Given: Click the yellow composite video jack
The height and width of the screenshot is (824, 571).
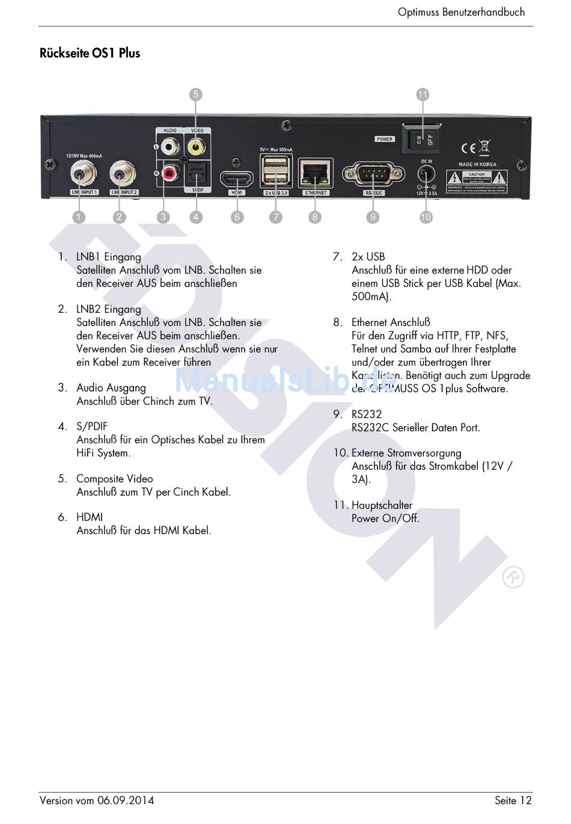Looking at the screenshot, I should pyautogui.click(x=195, y=146).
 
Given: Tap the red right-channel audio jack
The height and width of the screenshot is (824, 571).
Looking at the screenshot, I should pyautogui.click(x=170, y=174).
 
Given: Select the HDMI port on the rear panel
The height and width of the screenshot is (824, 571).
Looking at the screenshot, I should pyautogui.click(x=237, y=179).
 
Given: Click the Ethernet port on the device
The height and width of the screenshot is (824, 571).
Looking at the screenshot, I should pyautogui.click(x=316, y=174).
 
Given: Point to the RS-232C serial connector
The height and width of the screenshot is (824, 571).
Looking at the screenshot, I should pyautogui.click(x=373, y=174).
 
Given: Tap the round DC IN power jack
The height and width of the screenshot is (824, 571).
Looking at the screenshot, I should pyautogui.click(x=426, y=174).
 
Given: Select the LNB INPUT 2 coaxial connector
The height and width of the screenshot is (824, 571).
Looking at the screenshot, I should pyautogui.click(x=123, y=174).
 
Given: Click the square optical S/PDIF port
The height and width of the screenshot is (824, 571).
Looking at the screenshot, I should pyautogui.click(x=196, y=174).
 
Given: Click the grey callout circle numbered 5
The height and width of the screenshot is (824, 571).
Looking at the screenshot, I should pyautogui.click(x=195, y=94).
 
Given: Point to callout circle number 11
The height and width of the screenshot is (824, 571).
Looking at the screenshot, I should pyautogui.click(x=423, y=94).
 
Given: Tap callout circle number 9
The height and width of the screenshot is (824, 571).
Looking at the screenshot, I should pyautogui.click(x=373, y=217).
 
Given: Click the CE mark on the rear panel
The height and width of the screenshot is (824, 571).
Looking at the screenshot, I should pyautogui.click(x=469, y=148).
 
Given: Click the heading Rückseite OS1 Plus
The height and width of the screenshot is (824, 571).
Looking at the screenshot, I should pyautogui.click(x=90, y=53).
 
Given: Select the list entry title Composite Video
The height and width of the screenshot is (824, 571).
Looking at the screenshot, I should pyautogui.click(x=114, y=479).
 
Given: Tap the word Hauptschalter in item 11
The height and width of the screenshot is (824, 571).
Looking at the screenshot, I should pyautogui.click(x=382, y=505).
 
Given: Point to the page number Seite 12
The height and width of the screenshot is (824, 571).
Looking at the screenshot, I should pyautogui.click(x=513, y=801).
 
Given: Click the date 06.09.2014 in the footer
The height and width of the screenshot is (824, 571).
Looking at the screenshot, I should pyautogui.click(x=126, y=801).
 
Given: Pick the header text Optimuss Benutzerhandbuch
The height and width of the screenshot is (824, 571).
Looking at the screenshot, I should pyautogui.click(x=461, y=12).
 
